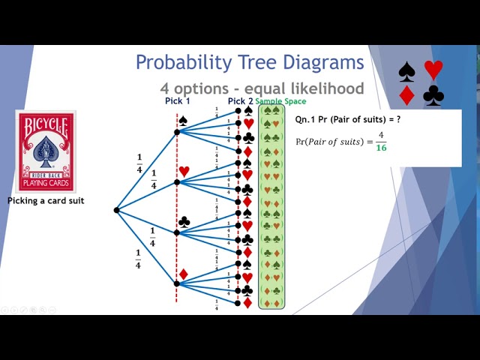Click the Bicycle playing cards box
click(46, 152)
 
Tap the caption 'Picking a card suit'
click(46, 201)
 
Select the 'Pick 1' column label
click(178, 101)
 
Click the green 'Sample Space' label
click(280, 101)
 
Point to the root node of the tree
click(116, 210)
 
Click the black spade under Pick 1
click(182, 120)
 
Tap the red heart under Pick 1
click(184, 171)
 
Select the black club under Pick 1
click(184, 222)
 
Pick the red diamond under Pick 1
click(183, 274)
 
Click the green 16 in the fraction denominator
click(380, 148)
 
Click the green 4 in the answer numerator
click(380, 136)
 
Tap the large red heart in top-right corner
click(433, 70)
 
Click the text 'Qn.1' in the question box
click(304, 119)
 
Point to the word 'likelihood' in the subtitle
click(324, 88)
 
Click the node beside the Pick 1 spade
click(177, 132)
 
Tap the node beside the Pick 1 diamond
click(177, 283)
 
